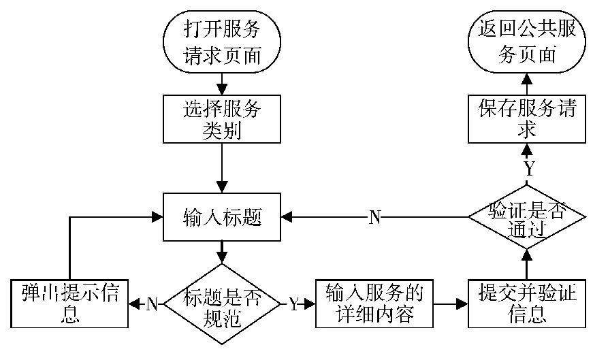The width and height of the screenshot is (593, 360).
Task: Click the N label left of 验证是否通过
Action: (x=375, y=218)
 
